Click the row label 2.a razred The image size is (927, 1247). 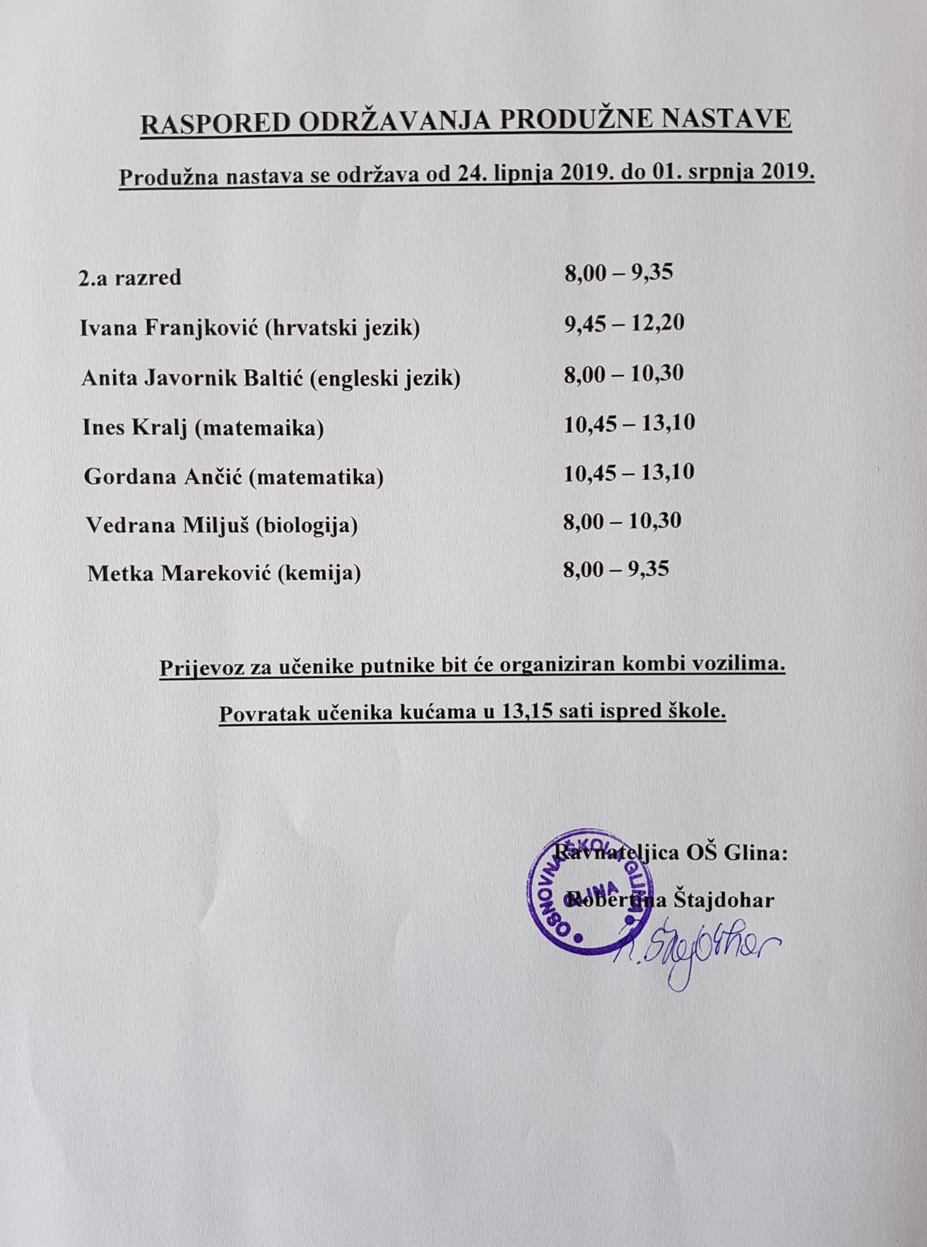130,277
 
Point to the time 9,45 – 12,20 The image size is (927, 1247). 624,323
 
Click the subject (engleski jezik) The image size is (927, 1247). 385,378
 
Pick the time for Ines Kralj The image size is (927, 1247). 629,423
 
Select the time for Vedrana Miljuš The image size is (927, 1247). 622,521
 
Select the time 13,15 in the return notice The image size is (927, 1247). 526,711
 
